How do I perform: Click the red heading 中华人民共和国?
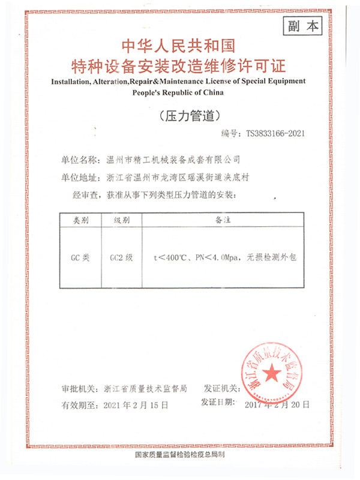[x=179, y=46]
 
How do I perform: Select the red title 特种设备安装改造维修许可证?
[x=179, y=65]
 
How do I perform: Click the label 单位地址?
[x=79, y=178]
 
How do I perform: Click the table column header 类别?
[x=81, y=221]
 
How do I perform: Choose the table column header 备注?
[x=223, y=221]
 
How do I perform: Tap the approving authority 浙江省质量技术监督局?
[x=146, y=389]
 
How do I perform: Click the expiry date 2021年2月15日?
[x=137, y=405]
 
